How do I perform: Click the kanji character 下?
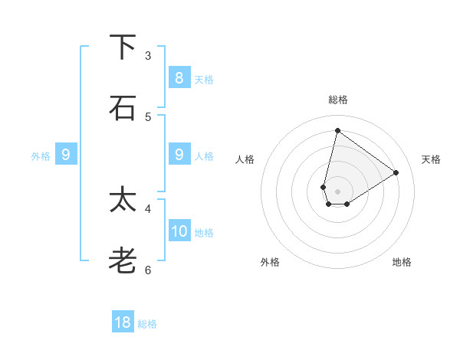point(123,47)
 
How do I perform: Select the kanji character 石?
point(123,108)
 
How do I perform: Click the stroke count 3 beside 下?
point(148,56)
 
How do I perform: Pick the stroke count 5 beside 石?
point(148,116)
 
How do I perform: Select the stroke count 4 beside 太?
point(148,208)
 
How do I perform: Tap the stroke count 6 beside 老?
point(148,270)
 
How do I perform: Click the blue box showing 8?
point(179,78)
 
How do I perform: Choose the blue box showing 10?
point(179,231)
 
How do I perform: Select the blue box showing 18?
point(123,322)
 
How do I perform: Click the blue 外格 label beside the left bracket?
point(41,155)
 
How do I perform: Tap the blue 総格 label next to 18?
point(147,324)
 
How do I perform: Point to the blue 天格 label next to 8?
point(204,80)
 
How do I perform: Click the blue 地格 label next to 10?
point(204,233)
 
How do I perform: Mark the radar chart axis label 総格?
point(337,100)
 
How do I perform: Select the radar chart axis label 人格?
point(245,159)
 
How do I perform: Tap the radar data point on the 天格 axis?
point(396,172)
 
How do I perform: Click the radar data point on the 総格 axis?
point(337,130)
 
